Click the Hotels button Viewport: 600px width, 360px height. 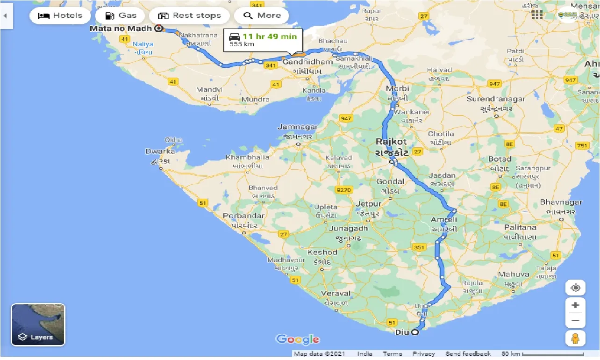click(60, 15)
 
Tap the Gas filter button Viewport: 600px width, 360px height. click(121, 15)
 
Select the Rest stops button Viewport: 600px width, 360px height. click(189, 15)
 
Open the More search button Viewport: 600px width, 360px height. click(262, 15)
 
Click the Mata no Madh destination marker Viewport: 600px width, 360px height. click(158, 28)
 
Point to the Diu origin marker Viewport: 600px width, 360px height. click(414, 332)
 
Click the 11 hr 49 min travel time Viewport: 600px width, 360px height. click(270, 36)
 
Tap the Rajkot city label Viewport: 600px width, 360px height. click(391, 141)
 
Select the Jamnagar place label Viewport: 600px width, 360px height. click(297, 127)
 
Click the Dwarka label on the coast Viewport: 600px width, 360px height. click(160, 151)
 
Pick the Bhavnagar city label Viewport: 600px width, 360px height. click(561, 202)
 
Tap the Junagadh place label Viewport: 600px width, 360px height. click(348, 228)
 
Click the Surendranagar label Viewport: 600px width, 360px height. click(496, 99)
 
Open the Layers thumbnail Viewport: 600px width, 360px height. click(38, 324)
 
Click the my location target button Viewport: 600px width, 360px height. click(575, 288)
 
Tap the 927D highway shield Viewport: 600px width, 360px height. click(343, 189)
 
